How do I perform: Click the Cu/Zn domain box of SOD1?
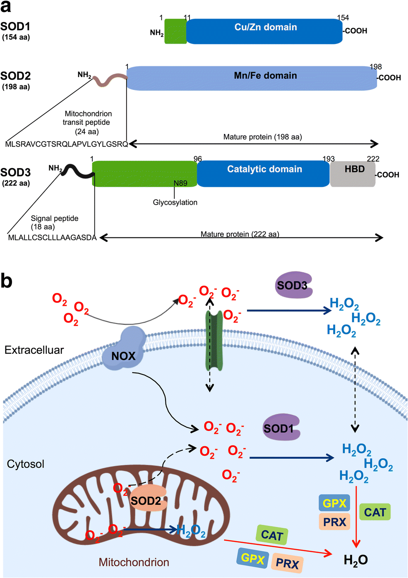tap(265, 31)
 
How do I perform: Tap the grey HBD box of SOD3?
tap(353, 174)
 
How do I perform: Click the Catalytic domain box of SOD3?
tap(264, 174)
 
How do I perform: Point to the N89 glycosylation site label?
tap(180, 183)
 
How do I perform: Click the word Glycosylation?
tap(175, 202)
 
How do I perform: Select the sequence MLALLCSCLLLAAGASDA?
tap(52, 237)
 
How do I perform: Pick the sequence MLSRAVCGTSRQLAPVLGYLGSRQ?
tap(67, 144)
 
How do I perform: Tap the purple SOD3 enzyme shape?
tap(293, 285)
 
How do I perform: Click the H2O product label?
tap(355, 560)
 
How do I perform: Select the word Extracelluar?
tap(34, 350)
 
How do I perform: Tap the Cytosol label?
tap(26, 464)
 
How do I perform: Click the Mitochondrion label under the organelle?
tap(134, 562)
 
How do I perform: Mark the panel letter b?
tap(7, 281)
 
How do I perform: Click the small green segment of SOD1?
tap(175, 31)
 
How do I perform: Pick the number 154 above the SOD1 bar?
tap(343, 18)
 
